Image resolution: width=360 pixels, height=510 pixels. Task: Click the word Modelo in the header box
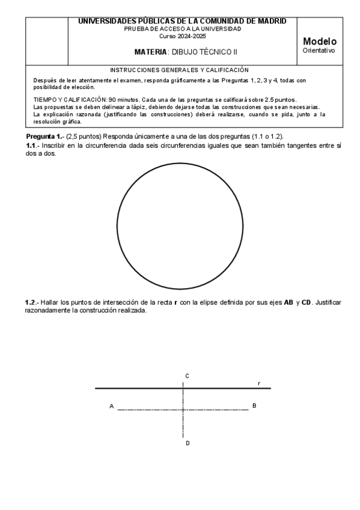click(320, 41)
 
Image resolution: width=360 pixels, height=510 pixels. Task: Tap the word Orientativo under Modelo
click(319, 51)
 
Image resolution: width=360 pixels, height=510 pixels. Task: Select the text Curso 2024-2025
click(182, 36)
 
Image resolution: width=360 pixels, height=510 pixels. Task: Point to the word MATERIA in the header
click(150, 52)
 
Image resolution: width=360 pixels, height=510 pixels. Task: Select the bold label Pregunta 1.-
click(44, 137)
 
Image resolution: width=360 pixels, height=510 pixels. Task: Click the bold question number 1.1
click(32, 146)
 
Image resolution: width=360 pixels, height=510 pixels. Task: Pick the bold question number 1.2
click(32, 302)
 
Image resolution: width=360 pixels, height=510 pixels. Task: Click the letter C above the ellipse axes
click(188, 376)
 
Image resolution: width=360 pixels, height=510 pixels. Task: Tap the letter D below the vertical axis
click(188, 443)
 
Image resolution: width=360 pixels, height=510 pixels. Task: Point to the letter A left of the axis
click(112, 407)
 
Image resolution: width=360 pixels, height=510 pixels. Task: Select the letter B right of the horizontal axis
click(254, 406)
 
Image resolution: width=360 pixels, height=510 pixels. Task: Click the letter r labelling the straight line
click(259, 383)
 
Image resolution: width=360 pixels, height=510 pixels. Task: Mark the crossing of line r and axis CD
click(183, 389)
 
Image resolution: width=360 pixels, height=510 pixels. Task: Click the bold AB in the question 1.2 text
click(289, 302)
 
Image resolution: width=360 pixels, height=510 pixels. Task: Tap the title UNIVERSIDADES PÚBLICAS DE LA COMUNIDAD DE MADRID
click(182, 21)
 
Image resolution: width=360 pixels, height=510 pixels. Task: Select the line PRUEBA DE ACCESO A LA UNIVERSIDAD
click(182, 29)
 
